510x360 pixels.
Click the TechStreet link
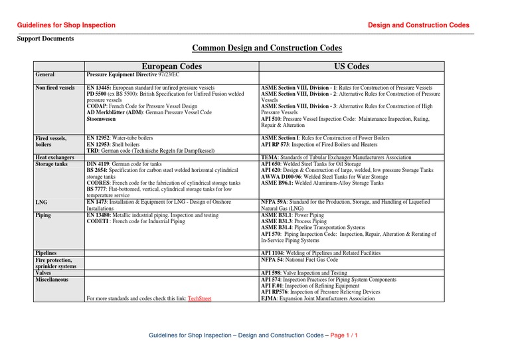click(199, 299)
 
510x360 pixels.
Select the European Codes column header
click(172, 66)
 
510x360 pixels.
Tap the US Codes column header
click(351, 66)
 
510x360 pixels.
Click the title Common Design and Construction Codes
click(267, 48)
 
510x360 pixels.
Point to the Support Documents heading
click(45, 39)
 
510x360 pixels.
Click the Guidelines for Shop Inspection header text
click(66, 25)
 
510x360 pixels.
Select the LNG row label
click(42, 201)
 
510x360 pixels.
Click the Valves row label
click(45, 272)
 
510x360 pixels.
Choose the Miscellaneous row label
click(55, 280)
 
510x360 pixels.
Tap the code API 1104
click(275, 253)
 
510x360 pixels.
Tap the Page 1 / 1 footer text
click(344, 335)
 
